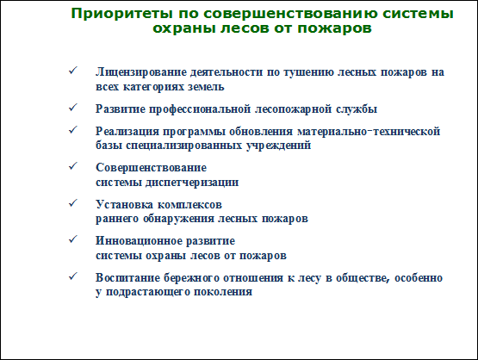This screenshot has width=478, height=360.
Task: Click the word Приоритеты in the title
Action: click(x=122, y=14)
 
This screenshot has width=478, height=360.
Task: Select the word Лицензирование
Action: click(x=141, y=73)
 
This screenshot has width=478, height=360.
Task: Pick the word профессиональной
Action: click(x=200, y=109)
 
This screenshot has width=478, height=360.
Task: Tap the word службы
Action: click(x=357, y=109)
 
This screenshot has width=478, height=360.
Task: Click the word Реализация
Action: click(x=127, y=132)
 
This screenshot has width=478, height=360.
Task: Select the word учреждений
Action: click(x=279, y=146)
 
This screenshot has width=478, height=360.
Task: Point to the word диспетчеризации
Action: click(x=192, y=183)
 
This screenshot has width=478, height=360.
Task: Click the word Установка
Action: click(x=125, y=204)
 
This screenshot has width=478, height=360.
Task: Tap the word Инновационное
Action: click(x=139, y=241)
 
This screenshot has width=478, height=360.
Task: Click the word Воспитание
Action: click(x=127, y=278)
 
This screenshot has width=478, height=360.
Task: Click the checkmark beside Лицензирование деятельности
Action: click(x=73, y=71)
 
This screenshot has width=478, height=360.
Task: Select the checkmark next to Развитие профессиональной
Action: click(x=73, y=108)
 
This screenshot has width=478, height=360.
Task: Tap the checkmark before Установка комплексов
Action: click(x=73, y=203)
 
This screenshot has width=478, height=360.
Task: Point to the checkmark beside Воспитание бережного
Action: click(x=73, y=276)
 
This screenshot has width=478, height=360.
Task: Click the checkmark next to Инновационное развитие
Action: click(x=73, y=239)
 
